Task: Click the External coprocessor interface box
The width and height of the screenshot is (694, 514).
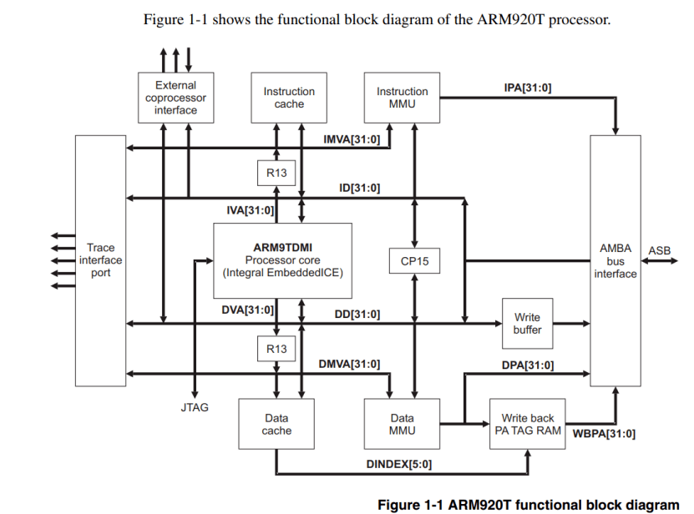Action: (175, 98)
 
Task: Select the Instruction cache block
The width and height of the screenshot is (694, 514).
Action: (289, 98)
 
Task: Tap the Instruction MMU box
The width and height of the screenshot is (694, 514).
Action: (402, 98)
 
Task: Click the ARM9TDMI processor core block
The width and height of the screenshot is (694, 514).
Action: (282, 260)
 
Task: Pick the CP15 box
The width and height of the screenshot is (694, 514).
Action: (414, 261)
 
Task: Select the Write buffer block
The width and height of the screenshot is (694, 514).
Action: (527, 324)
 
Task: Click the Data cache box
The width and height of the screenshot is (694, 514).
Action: (276, 424)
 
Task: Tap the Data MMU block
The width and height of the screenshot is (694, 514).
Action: (402, 424)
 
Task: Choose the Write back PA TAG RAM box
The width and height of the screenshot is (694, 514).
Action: (527, 424)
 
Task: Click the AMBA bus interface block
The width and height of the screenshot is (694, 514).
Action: (615, 261)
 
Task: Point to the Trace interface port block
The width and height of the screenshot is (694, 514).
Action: (100, 261)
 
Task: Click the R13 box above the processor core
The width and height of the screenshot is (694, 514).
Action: (276, 173)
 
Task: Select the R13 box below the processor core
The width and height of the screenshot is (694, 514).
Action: (276, 350)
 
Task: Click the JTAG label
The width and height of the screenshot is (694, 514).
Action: (195, 408)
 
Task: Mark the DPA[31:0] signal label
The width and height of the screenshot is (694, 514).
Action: (528, 365)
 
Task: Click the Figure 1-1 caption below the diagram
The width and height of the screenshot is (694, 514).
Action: (529, 504)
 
